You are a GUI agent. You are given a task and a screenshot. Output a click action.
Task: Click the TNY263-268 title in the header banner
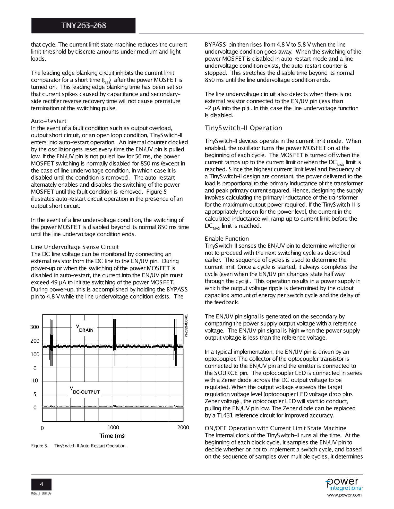[83, 25]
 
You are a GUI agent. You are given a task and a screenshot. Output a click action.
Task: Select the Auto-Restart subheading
[49, 121]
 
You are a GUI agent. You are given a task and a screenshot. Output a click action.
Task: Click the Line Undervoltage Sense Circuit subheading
[75, 247]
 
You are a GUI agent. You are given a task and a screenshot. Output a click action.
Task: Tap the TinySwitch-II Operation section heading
[243, 128]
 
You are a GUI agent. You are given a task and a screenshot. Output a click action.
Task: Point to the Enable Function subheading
[227, 239]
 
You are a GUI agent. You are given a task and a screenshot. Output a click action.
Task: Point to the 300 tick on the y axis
[35, 327]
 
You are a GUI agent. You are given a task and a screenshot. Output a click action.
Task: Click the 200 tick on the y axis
[35, 341]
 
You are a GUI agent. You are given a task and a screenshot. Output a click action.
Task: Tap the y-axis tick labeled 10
[35, 381]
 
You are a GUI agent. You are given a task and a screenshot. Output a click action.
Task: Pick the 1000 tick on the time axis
[113, 428]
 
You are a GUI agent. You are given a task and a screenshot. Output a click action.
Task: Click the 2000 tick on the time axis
[183, 428]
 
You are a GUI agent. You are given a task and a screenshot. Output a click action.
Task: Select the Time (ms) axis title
[112, 436]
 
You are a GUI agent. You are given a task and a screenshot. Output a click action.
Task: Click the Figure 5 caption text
[79, 446]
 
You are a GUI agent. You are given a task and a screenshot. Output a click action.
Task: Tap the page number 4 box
[41, 484]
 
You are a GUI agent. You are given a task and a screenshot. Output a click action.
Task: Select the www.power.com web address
[344, 495]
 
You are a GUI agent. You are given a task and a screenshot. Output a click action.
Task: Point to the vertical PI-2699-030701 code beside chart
[186, 326]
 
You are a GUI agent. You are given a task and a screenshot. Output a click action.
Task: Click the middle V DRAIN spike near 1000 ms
[115, 342]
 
